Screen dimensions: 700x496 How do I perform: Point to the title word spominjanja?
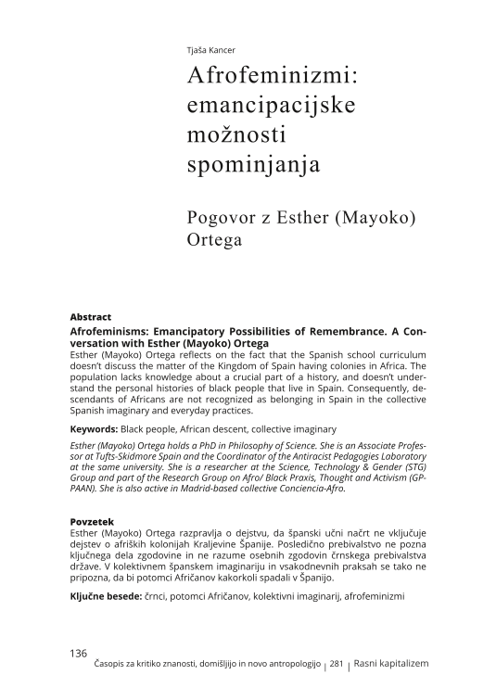(253, 166)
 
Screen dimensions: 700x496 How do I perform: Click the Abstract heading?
(91, 316)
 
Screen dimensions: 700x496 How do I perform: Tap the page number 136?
(79, 654)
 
